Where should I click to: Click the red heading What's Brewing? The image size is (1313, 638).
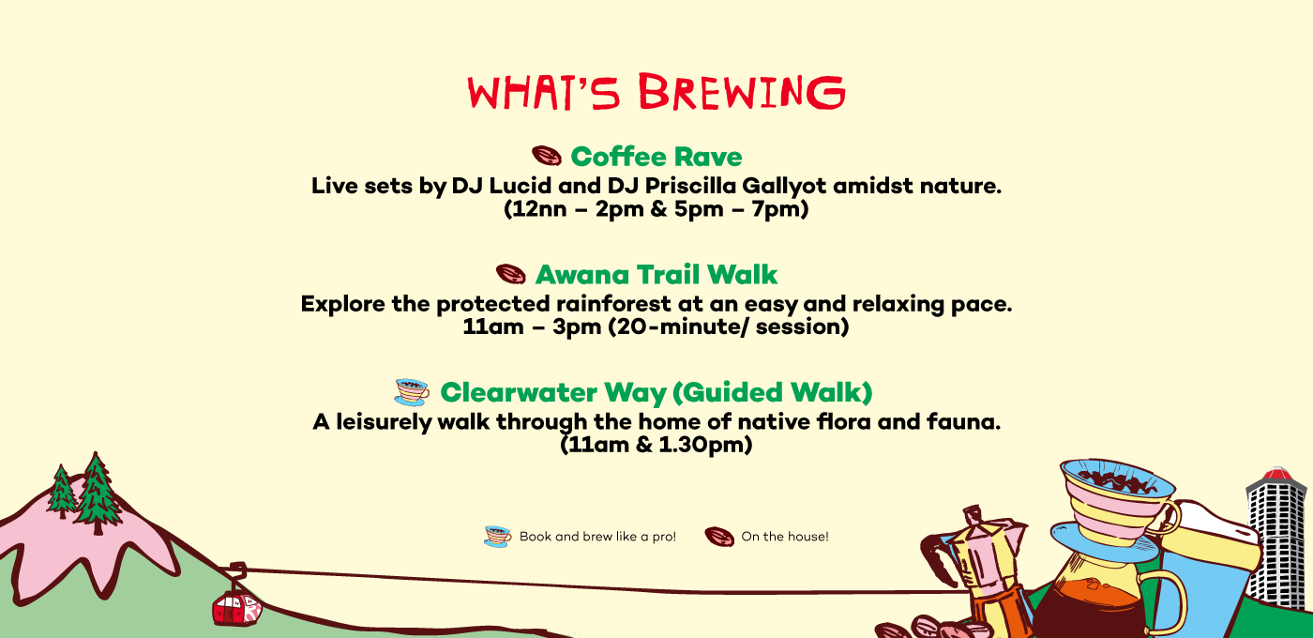(x=656, y=92)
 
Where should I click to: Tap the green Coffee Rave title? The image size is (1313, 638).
(x=656, y=157)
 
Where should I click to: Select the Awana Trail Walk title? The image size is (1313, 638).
(x=656, y=274)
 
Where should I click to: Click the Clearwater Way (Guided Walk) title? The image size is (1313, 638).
(x=656, y=392)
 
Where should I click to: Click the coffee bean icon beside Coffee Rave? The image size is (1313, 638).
(x=546, y=156)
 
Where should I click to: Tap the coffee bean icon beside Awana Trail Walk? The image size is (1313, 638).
(x=510, y=274)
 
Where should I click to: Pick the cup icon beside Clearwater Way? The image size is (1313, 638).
(x=412, y=392)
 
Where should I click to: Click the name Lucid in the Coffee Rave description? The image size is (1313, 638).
(x=520, y=186)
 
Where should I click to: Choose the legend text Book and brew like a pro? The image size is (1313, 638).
(x=598, y=537)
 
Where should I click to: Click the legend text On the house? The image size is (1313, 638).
(x=785, y=537)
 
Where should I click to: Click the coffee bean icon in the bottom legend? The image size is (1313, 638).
(x=719, y=537)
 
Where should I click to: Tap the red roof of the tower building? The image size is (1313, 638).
(x=1277, y=474)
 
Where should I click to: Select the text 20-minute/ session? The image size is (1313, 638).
(x=729, y=327)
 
